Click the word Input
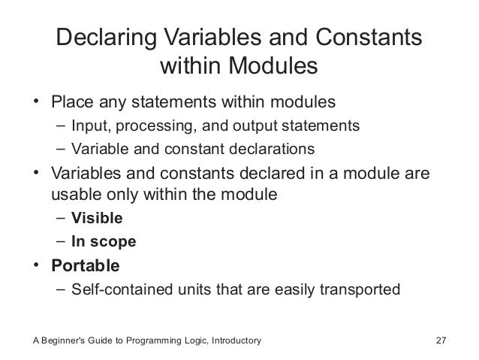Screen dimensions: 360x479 (x=88, y=124)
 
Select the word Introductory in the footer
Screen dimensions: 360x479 (x=234, y=341)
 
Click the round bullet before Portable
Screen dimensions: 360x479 (x=37, y=266)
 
